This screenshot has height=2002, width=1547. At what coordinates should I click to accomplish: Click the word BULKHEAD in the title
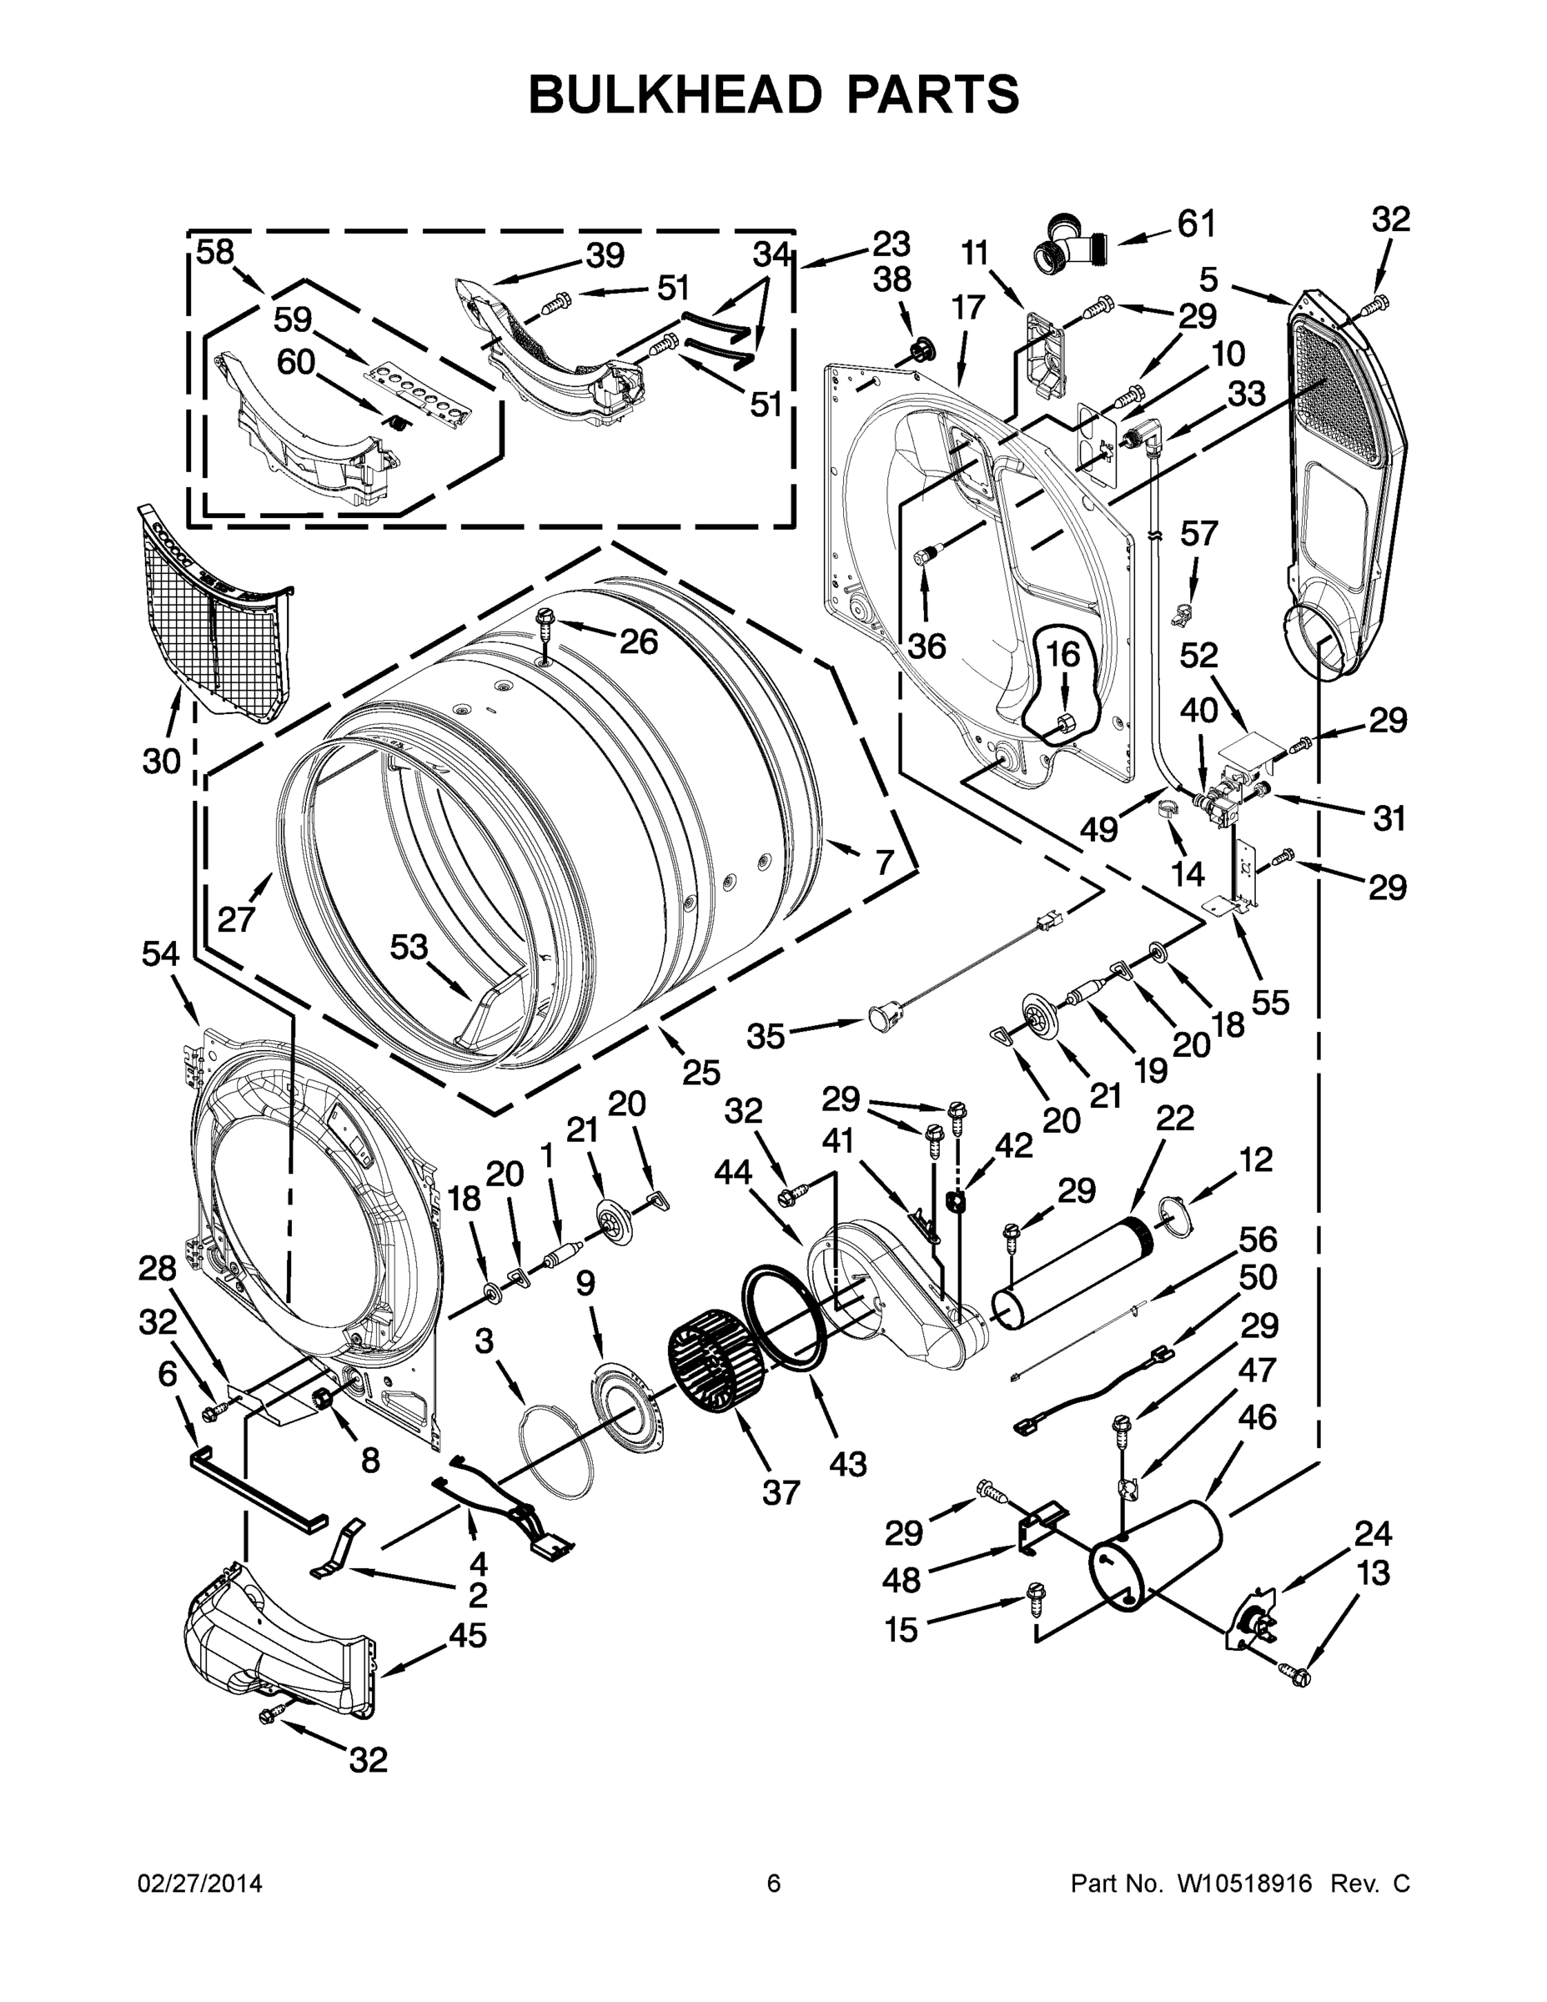click(x=670, y=94)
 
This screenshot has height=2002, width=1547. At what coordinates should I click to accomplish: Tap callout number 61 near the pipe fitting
click(x=1195, y=224)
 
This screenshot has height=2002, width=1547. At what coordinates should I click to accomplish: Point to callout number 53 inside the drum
click(x=409, y=947)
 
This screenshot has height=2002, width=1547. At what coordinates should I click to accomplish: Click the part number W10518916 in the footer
click(x=1233, y=1884)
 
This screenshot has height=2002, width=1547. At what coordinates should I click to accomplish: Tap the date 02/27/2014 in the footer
click(x=200, y=1884)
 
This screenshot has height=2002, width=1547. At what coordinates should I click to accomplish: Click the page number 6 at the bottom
click(x=774, y=1884)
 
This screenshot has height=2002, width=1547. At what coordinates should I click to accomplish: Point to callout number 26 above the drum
click(x=638, y=641)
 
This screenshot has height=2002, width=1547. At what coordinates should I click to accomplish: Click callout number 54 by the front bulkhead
click(x=160, y=954)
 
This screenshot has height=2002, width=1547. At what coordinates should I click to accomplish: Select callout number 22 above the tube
click(x=1175, y=1119)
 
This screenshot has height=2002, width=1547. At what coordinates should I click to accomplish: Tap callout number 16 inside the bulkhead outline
click(x=1062, y=654)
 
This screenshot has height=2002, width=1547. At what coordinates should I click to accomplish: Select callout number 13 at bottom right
click(x=1373, y=1573)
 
